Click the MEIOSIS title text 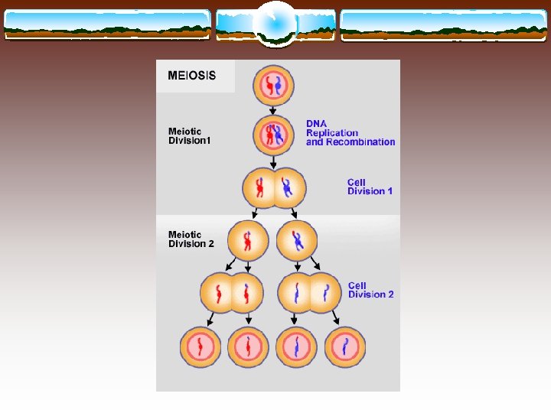[x=192, y=76]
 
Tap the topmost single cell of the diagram [x=273, y=86]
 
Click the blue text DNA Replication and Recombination [x=350, y=132]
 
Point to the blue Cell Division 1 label [x=370, y=187]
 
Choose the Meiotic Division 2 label [x=191, y=239]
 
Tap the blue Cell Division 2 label [x=371, y=290]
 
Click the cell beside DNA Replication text [x=273, y=135]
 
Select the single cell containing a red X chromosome [x=248, y=241]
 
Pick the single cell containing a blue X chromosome [x=296, y=241]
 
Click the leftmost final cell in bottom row [x=201, y=347]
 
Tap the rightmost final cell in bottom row [x=346, y=347]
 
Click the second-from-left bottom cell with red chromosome [x=248, y=347]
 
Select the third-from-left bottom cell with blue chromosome [x=297, y=347]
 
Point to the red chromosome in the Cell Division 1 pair [x=259, y=188]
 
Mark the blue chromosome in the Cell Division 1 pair [x=287, y=187]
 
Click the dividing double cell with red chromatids [x=232, y=293]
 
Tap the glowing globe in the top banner [x=275, y=23]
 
